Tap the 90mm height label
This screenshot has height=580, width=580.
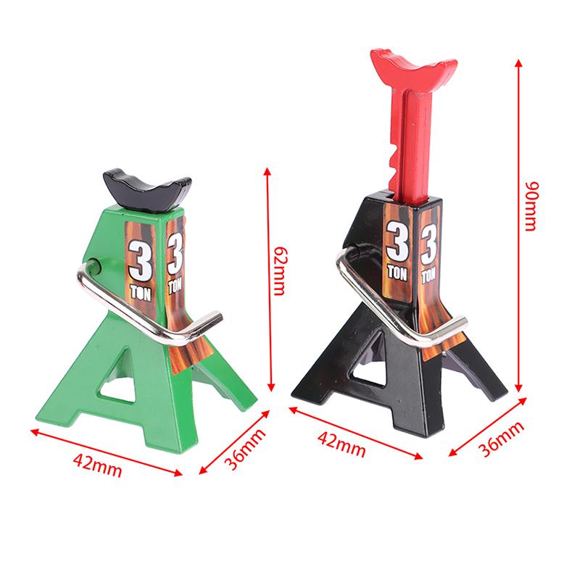(531, 206)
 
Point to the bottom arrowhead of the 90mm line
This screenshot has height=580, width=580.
(520, 391)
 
